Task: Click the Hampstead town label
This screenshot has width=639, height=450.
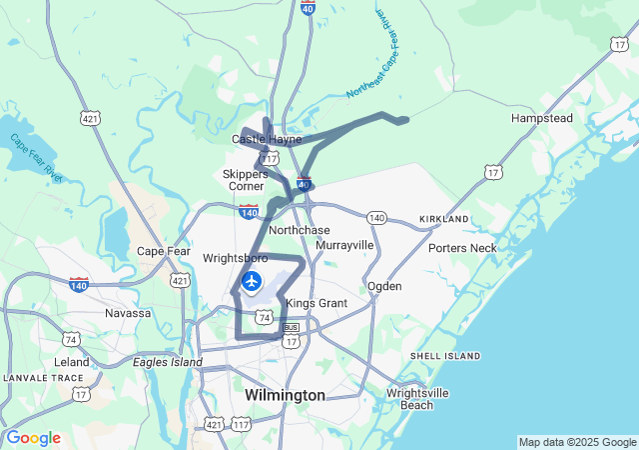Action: [541, 118]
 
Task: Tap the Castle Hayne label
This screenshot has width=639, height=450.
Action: [267, 139]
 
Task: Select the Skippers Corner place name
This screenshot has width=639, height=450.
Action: [244, 179]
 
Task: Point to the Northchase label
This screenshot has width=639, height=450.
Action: [300, 230]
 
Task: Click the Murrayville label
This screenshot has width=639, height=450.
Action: [344, 245]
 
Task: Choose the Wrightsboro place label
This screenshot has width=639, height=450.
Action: [236, 258]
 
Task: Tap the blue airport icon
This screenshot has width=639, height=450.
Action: [252, 281]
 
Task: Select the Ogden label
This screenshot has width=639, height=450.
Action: [384, 286]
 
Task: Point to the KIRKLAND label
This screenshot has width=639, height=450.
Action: [444, 218]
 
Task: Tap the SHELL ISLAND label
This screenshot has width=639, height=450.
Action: [444, 356]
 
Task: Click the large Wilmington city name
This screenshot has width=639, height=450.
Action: [285, 396]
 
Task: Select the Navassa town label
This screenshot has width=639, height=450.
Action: [128, 313]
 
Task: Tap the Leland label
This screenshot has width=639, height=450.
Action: [72, 362]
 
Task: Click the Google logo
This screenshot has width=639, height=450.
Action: [33, 438]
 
